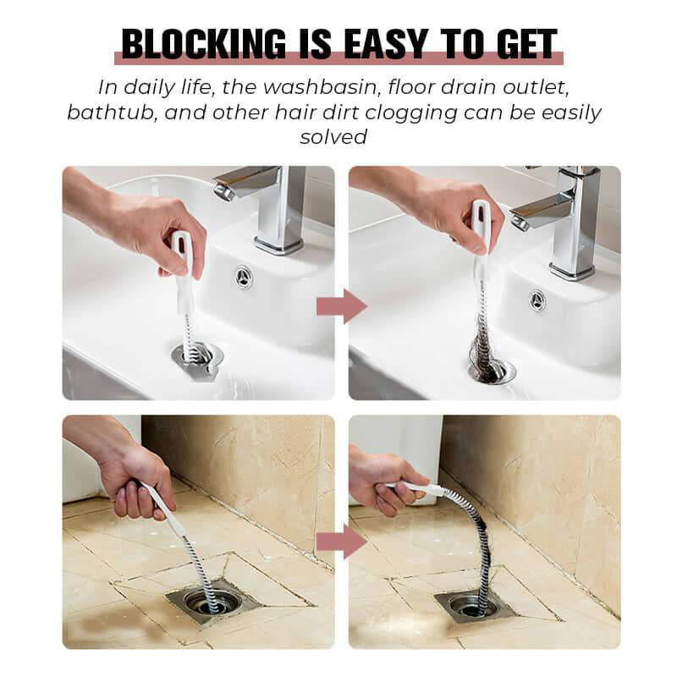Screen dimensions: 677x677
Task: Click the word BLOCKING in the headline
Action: coord(203,44)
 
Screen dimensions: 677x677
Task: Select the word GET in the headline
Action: coord(526,44)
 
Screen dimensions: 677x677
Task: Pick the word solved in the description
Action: coord(333,137)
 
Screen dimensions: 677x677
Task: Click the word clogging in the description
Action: coord(411,113)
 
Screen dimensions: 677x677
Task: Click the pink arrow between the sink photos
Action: coord(342,306)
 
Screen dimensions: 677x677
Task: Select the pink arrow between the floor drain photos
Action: coord(342,541)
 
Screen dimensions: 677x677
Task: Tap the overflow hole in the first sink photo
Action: coord(244,277)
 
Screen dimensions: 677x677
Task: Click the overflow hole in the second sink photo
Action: coord(537,299)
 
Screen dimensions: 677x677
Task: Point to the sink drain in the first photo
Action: coord(197,356)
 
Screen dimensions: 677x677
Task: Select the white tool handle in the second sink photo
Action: coord(478,234)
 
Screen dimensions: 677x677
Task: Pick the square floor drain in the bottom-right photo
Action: coord(474,605)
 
